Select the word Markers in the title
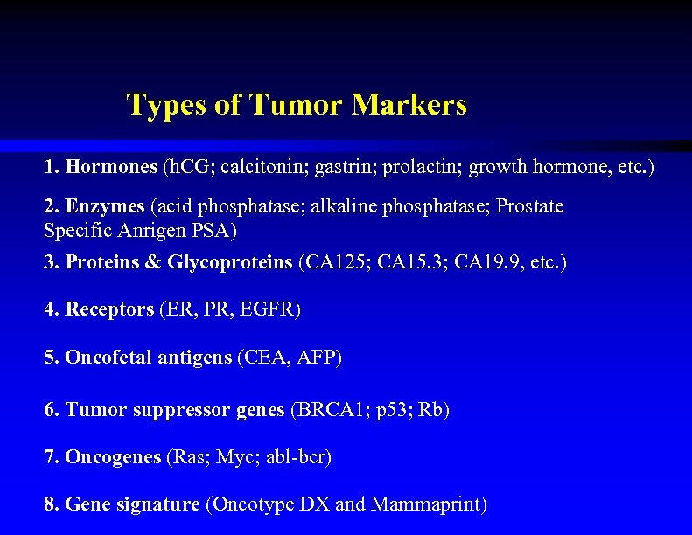tap(409, 106)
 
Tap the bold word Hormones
tap(111, 166)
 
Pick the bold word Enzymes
tap(104, 207)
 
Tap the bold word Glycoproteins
tap(230, 262)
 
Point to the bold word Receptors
tap(109, 309)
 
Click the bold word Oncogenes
tap(113, 457)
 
